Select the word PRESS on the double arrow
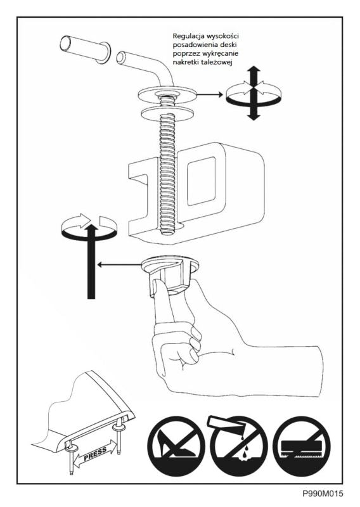pyautogui.click(x=95, y=454)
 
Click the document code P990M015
pyautogui.click(x=323, y=494)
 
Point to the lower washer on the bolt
pyautogui.click(x=167, y=113)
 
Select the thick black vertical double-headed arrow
pyautogui.click(x=254, y=93)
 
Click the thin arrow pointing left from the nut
pyautogui.click(x=120, y=264)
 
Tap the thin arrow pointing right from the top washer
pyautogui.click(x=210, y=94)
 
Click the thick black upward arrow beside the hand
pyautogui.click(x=91, y=261)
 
